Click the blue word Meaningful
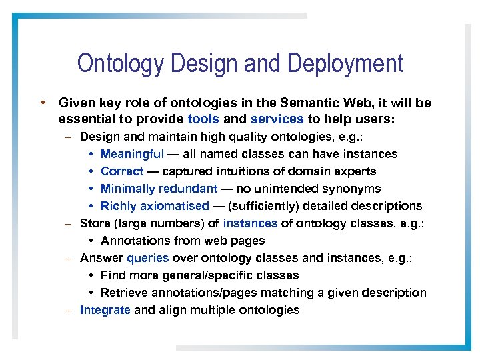[132, 154]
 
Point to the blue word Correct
[122, 171]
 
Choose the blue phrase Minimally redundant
[159, 189]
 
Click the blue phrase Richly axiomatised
[155, 206]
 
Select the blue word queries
[147, 258]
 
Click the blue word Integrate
[105, 310]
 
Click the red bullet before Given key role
[41, 103]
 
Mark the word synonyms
[355, 189]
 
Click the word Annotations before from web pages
[135, 241]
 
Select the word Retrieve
[122, 293]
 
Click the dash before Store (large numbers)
[69, 223]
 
